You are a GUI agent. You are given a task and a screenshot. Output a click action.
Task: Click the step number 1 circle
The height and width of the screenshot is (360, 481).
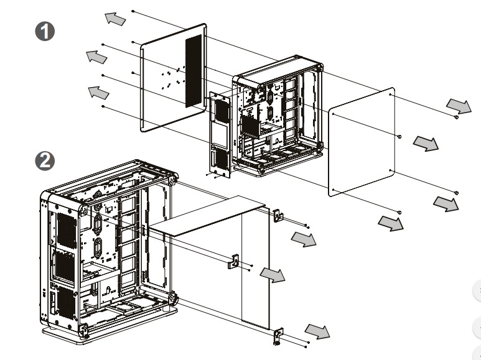[45, 31]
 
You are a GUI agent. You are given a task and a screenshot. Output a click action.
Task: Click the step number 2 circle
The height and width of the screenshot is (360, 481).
[45, 161]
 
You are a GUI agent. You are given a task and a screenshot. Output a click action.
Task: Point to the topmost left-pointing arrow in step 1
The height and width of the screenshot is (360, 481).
[114, 19]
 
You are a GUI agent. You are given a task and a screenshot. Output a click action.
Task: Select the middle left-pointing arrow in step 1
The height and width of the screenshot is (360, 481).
[95, 57]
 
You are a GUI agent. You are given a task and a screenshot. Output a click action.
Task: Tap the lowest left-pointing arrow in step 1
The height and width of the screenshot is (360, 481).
[98, 92]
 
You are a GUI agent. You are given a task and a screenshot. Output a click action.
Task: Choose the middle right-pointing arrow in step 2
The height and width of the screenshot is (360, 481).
[273, 274]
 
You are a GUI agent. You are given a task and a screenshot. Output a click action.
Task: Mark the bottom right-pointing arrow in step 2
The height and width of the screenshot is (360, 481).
[318, 331]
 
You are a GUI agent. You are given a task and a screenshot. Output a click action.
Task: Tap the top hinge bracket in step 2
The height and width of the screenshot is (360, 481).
[278, 215]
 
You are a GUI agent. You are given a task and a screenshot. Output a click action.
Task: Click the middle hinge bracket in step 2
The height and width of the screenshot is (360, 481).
[235, 261]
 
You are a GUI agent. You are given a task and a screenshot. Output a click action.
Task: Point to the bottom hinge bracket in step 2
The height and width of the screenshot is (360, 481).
[278, 336]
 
